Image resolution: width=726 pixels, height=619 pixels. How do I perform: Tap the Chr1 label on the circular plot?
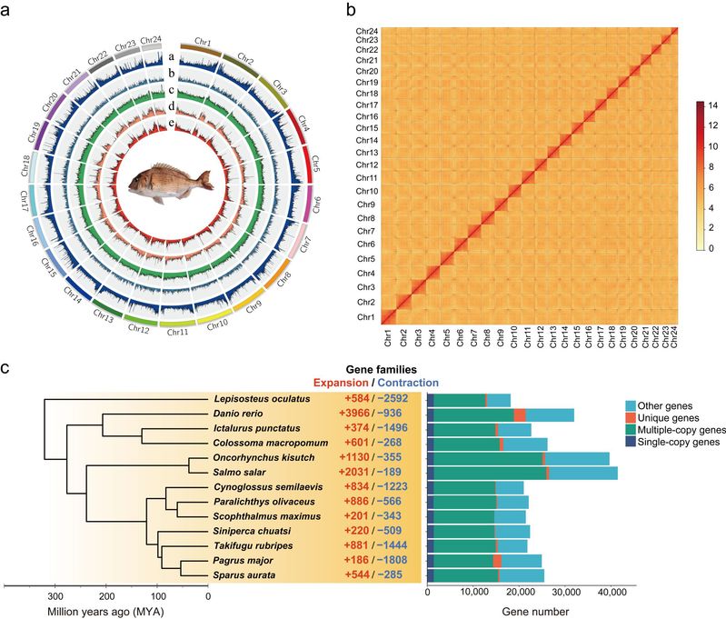pos(204,44)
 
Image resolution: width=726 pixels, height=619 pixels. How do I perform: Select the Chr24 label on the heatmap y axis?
pos(367,31)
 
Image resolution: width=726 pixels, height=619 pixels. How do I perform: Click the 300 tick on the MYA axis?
pos(55,596)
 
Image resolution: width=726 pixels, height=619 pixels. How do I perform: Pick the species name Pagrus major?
pos(240,561)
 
